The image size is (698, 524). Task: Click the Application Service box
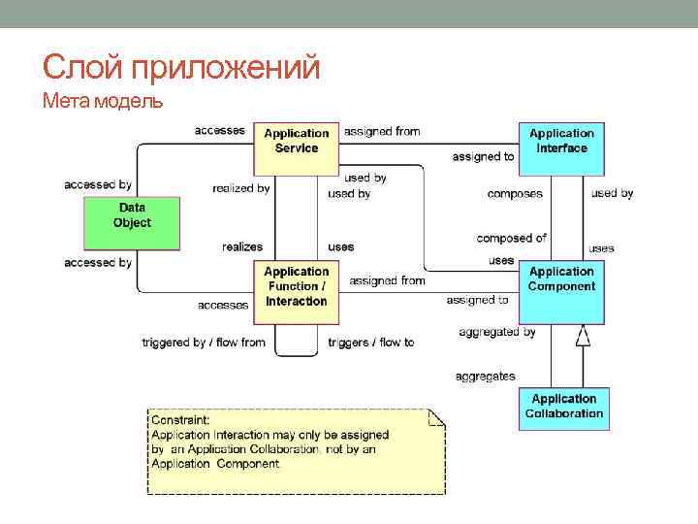point(296,147)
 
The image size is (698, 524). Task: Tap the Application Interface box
point(561,147)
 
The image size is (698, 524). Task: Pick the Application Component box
point(561,291)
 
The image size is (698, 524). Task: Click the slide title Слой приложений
point(181,68)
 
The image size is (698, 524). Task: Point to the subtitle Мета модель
point(102,102)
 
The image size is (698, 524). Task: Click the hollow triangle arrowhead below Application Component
point(582,336)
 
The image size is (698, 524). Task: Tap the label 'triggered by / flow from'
point(204,343)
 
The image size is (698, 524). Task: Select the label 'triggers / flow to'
point(370,343)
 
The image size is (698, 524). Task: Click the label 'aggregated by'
point(497,332)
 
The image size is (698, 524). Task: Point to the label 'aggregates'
point(486,376)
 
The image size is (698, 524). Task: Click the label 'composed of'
point(511,238)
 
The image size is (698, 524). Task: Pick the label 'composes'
point(515,194)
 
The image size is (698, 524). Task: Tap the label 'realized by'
point(240,188)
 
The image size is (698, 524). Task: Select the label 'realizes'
point(241,247)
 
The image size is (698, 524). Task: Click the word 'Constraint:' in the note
point(180,420)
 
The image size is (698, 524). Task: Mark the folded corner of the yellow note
point(436,417)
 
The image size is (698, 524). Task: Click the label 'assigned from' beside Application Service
point(382,131)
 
